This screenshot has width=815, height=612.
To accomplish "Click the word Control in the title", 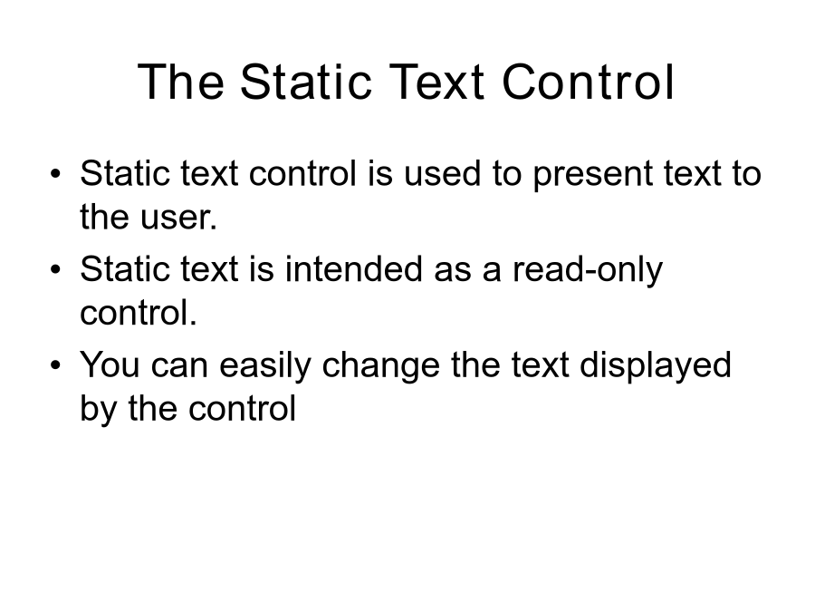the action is tap(589, 82).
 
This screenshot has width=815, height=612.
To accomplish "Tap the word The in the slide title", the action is tap(181, 82).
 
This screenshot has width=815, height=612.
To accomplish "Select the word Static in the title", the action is tap(306, 82).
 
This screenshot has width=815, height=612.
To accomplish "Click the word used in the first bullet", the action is tap(442, 173).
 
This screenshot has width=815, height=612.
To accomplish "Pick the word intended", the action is tap(353, 269).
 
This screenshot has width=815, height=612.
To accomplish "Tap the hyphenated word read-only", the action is tap(588, 270).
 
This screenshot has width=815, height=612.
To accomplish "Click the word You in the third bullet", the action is tap(110, 364).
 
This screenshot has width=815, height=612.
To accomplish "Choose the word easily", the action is tap(264, 366).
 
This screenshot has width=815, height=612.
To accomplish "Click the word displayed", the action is tap(655, 366).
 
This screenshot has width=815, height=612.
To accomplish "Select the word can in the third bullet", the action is tap(179, 367).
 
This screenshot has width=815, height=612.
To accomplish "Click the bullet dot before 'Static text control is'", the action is tap(55, 174).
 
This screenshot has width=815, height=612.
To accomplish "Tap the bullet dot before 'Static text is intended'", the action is tap(55, 269).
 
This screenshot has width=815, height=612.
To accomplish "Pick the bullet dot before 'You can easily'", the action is tap(55, 365).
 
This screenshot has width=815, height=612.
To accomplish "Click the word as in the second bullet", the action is tap(453, 272).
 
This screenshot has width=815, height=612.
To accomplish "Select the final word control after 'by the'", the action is tap(242, 409).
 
